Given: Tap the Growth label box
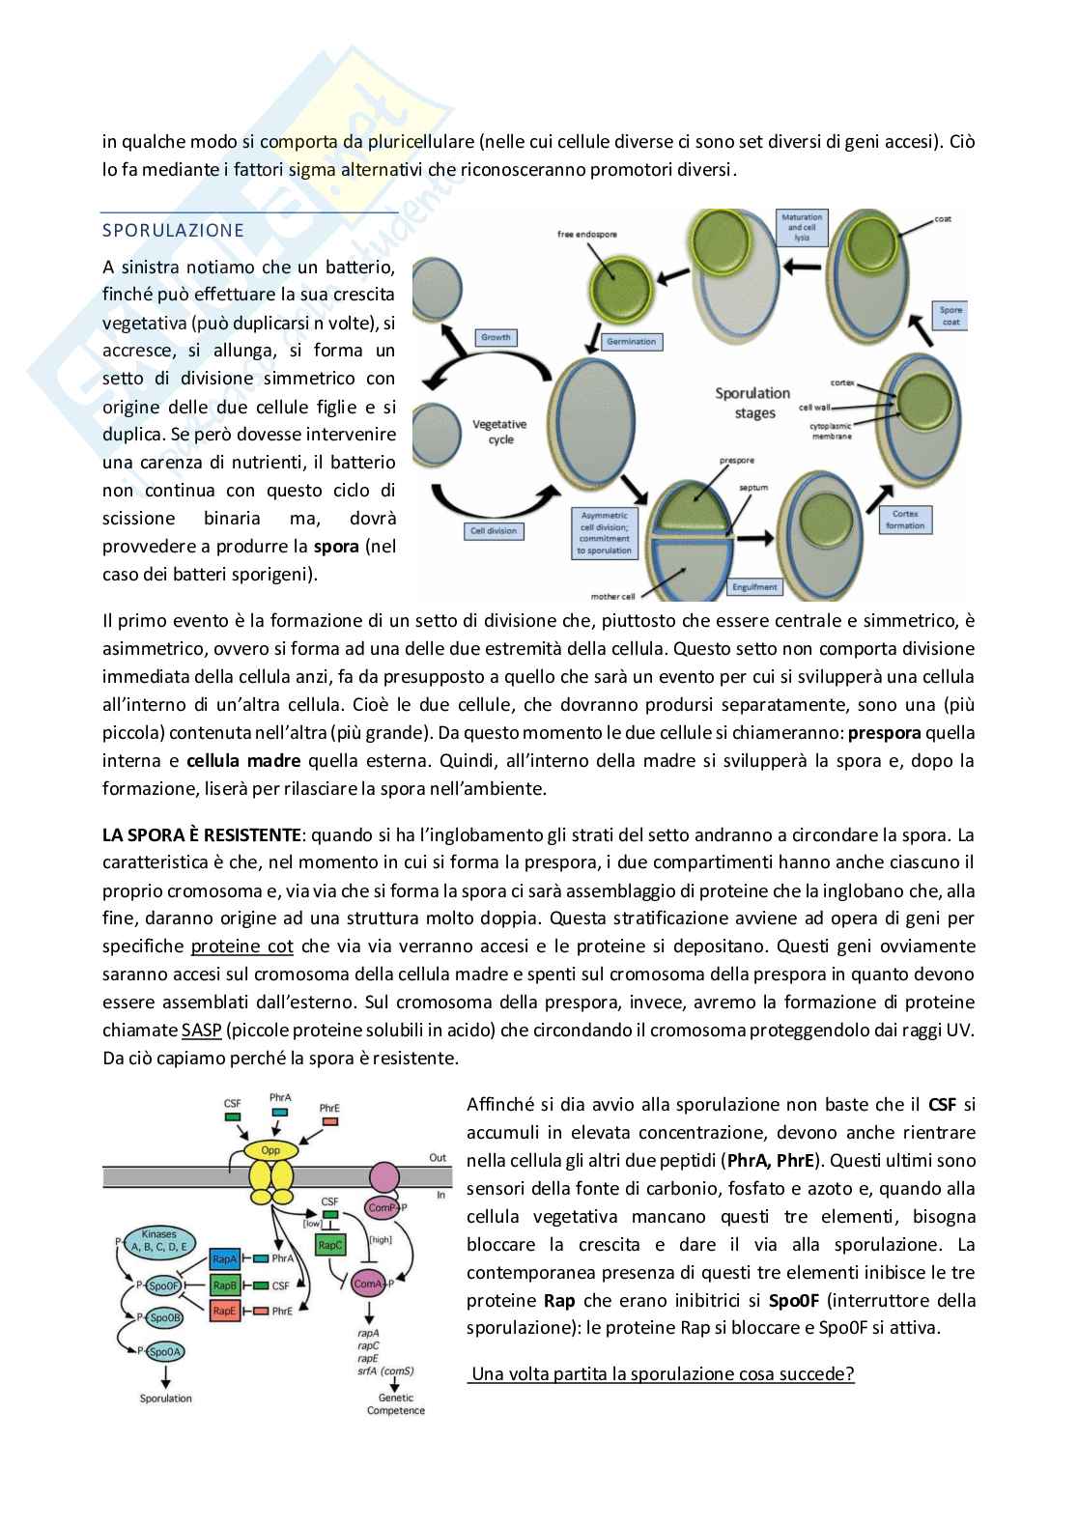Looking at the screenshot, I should (495, 338).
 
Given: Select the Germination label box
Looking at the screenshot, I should (632, 341).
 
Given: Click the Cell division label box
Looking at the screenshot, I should (496, 530).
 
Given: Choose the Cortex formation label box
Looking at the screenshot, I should (904, 520).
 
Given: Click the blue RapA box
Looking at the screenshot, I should (225, 1258).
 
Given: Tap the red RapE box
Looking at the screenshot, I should (225, 1311).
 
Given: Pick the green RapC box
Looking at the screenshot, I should (330, 1246).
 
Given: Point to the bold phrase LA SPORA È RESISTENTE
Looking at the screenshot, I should (202, 833).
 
